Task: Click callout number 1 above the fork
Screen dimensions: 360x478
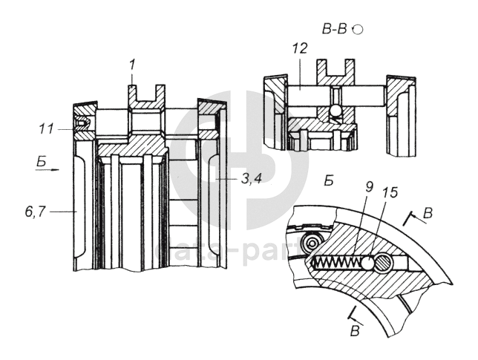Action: pyautogui.click(x=131, y=65)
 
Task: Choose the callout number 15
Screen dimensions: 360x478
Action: pyautogui.click(x=388, y=193)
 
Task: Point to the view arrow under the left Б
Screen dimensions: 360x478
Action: pyautogui.click(x=46, y=169)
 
